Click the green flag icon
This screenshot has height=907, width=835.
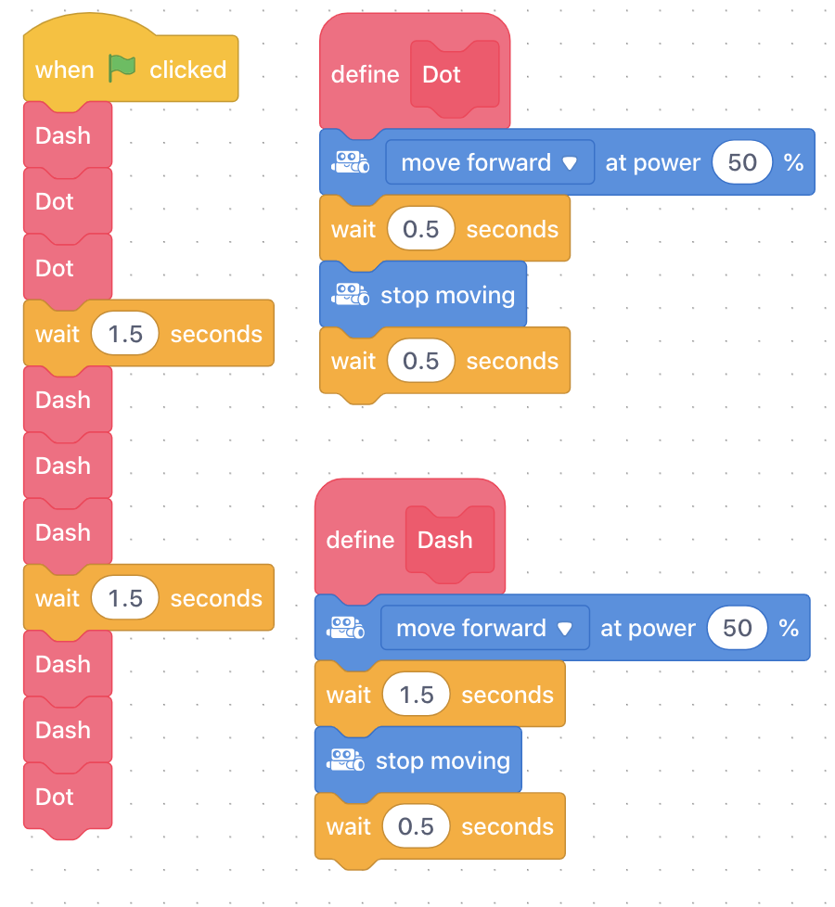pos(122,69)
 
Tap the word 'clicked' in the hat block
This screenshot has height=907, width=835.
pos(188,70)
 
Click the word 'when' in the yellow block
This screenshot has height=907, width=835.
pos(64,70)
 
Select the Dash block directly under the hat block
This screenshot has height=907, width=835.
pos(68,135)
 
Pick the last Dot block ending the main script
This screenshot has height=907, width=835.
pos(68,797)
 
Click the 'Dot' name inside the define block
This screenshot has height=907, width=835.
pos(442,74)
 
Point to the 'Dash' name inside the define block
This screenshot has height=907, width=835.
pos(445,541)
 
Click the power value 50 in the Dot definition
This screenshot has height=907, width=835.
pos(742,162)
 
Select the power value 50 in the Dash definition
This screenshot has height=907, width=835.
pos(738,628)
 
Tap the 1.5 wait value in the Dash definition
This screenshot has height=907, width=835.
pos(416,695)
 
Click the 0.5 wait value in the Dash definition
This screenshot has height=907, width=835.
pos(416,826)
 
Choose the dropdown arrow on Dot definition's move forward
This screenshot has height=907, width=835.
pos(570,164)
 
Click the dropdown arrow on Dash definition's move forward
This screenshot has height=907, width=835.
pos(565,629)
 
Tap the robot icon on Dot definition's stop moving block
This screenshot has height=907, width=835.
pos(350,294)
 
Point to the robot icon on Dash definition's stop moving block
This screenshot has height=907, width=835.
pos(345,760)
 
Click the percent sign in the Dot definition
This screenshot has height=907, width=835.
pos(793,162)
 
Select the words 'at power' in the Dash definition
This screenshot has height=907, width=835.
pos(649,629)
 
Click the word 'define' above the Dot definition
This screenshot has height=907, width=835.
pos(366,74)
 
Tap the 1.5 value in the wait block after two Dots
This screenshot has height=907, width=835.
pos(125,334)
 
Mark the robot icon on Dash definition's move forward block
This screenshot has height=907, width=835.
pos(345,628)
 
